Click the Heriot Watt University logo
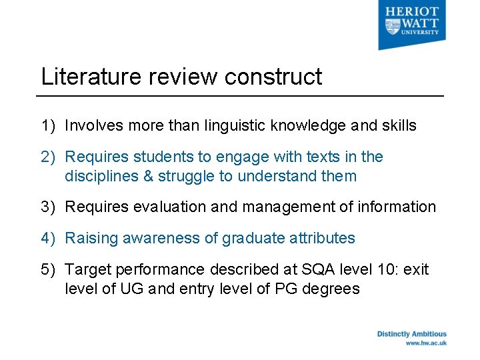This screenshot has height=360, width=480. tap(411, 26)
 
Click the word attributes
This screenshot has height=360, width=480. tap(323, 238)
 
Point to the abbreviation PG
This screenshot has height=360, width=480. tap(285, 289)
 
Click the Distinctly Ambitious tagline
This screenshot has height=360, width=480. tap(411, 334)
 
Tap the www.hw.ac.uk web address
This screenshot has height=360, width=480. tap(426, 343)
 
